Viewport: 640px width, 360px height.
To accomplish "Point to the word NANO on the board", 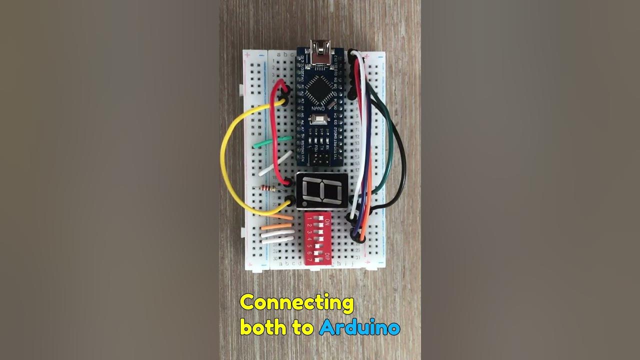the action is tap(318, 108).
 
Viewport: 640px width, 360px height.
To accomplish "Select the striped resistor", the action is tap(265, 188).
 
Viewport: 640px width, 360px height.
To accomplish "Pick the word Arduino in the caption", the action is tap(359, 328).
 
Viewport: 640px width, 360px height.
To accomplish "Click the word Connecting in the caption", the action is tap(296, 303).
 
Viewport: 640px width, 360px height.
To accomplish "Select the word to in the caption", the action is tap(305, 328).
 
